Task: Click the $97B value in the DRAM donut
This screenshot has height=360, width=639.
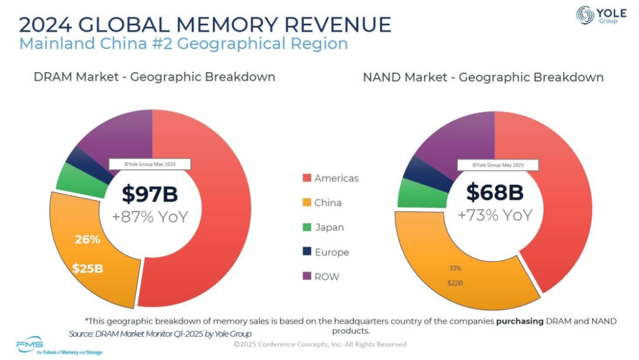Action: point(150,194)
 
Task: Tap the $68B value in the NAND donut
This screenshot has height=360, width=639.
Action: point(495,192)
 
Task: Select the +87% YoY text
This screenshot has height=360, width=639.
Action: point(150,217)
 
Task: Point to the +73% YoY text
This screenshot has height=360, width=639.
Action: point(495,215)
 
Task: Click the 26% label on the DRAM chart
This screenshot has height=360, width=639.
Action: point(87,240)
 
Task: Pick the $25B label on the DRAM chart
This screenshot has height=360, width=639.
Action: point(87,268)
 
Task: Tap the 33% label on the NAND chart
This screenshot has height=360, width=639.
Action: point(454,268)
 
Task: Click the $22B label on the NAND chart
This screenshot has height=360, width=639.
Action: point(454,283)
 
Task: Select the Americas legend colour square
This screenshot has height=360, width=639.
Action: point(306,178)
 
